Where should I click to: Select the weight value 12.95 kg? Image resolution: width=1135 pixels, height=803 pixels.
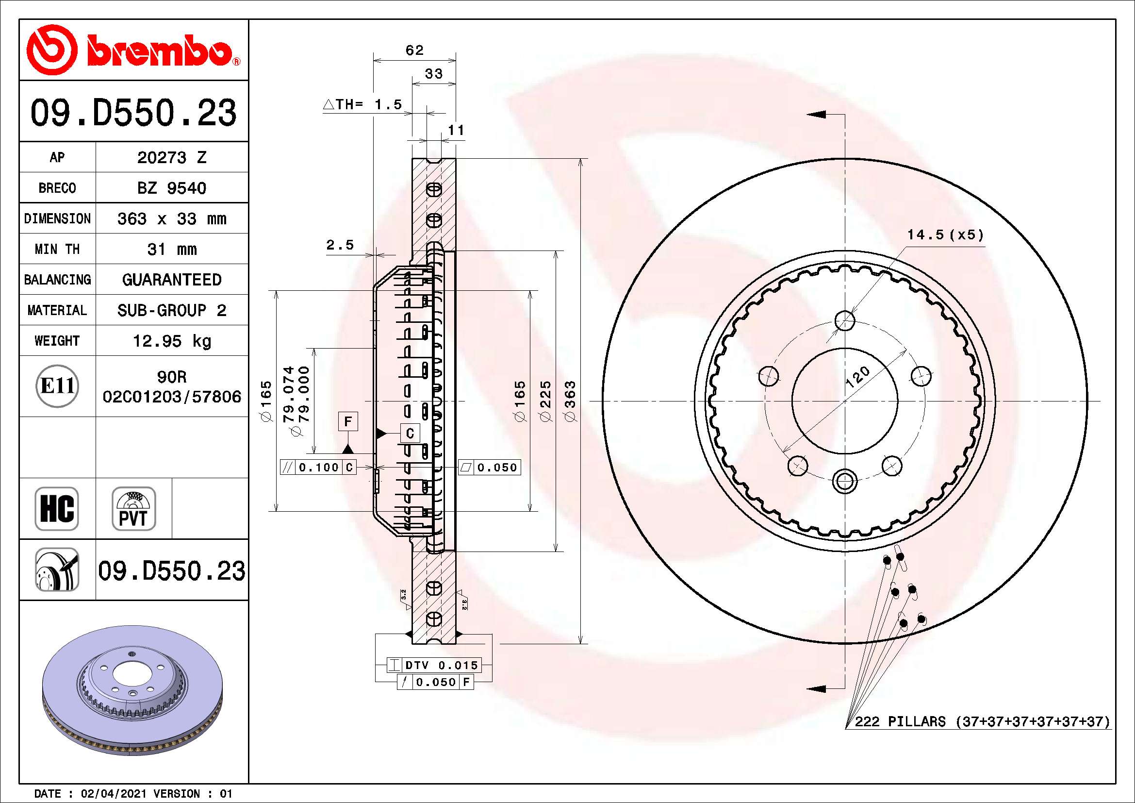click(x=171, y=341)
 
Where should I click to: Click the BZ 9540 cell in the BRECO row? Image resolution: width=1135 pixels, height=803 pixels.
click(x=171, y=188)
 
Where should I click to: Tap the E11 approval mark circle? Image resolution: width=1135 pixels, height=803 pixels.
click(x=57, y=386)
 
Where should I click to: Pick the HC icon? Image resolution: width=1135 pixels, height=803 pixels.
click(x=57, y=508)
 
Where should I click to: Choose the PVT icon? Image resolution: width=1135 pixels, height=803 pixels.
click(x=133, y=508)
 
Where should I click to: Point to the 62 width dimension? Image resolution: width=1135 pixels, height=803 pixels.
click(x=414, y=50)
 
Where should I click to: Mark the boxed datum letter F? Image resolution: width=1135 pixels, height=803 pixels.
click(x=348, y=421)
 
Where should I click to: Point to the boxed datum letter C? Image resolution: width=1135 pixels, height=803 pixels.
click(x=410, y=433)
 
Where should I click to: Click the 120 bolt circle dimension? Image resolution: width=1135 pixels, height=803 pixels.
click(x=857, y=376)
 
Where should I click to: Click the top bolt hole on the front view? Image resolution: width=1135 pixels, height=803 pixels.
click(x=845, y=320)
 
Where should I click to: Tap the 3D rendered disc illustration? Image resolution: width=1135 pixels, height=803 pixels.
click(x=132, y=690)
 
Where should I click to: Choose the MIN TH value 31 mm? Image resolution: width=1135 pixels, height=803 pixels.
click(x=171, y=249)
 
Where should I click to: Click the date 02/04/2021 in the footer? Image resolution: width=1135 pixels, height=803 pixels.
click(x=114, y=794)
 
